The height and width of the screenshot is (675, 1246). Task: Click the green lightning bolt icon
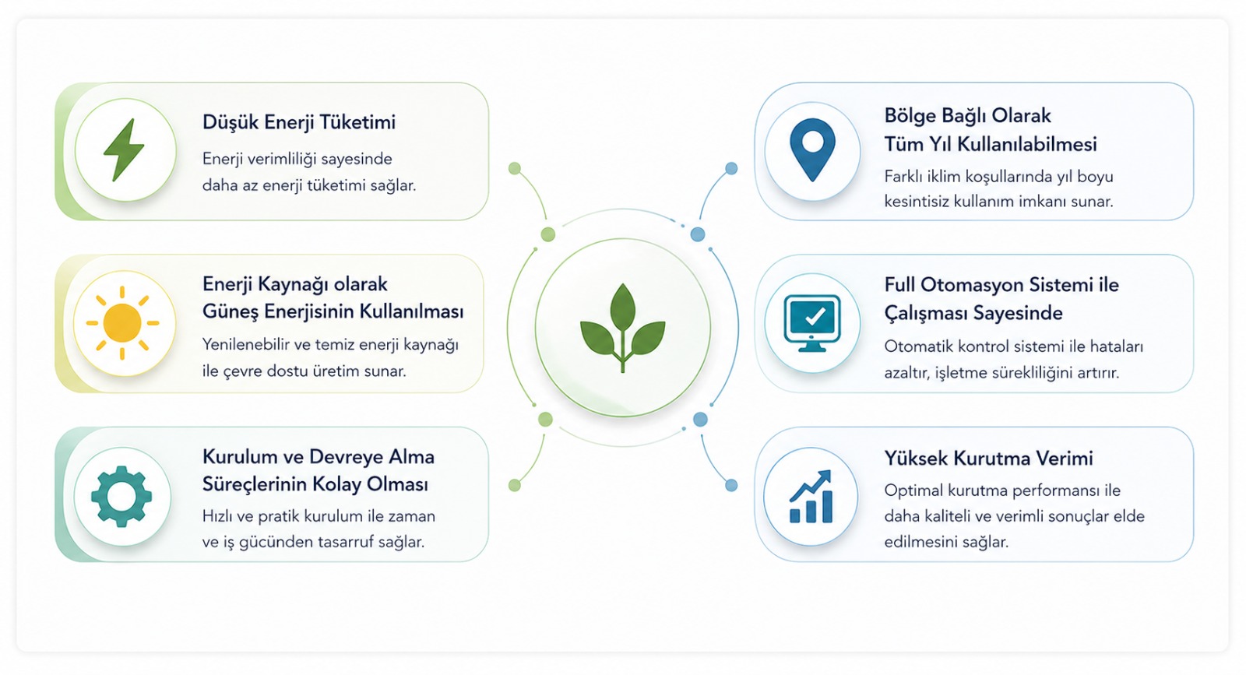(124, 149)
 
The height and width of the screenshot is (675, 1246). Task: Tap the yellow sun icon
(122, 323)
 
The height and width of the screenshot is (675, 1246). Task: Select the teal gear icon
(121, 496)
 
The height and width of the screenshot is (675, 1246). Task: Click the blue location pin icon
(813, 149)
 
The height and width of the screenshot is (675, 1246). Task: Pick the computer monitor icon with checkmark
(812, 323)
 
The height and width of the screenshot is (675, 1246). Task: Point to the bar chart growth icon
(811, 496)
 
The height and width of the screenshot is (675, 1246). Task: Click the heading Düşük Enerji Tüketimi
(299, 122)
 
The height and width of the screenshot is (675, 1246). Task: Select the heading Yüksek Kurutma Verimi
(988, 458)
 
